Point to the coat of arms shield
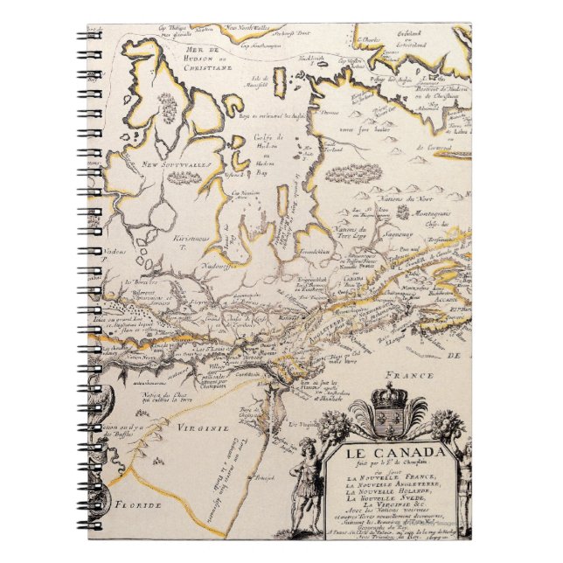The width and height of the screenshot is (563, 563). (388, 423)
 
